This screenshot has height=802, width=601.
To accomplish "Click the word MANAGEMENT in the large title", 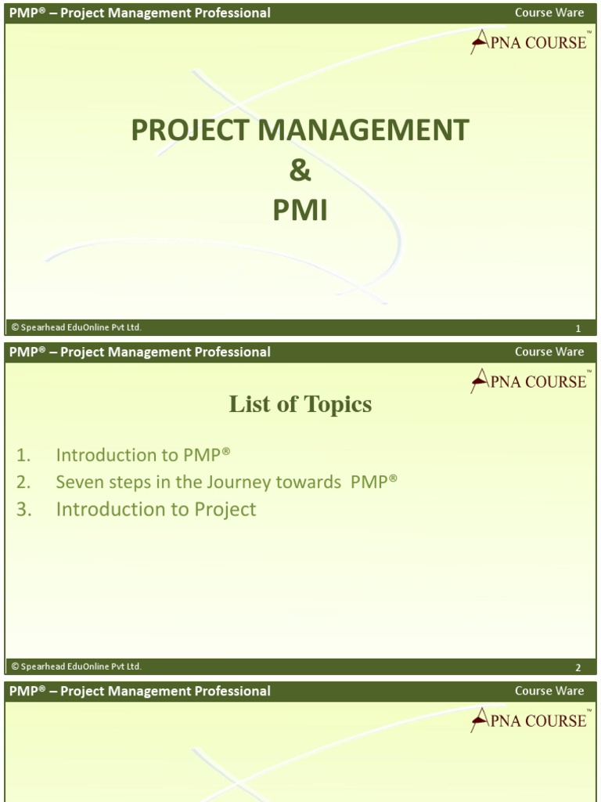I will pyautogui.click(x=364, y=130).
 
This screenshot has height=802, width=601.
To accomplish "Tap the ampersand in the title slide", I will pyautogui.click(x=300, y=171).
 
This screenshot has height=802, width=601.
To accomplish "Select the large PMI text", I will pyautogui.click(x=300, y=211).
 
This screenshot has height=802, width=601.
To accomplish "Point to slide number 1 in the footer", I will pyautogui.click(x=578, y=328).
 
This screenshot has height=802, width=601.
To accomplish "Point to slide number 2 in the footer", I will pyautogui.click(x=578, y=668).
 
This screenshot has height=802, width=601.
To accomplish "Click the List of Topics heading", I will pyautogui.click(x=300, y=404).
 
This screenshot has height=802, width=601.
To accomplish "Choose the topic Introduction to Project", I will pyautogui.click(x=156, y=509).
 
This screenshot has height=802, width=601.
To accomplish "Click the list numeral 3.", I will pyautogui.click(x=23, y=509).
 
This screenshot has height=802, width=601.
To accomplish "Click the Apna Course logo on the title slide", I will pyautogui.click(x=529, y=42).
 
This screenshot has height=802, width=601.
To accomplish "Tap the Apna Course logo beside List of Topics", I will pyautogui.click(x=529, y=381).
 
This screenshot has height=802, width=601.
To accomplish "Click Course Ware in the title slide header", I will pyautogui.click(x=549, y=13).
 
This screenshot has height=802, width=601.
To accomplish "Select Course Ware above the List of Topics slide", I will pyautogui.click(x=549, y=352).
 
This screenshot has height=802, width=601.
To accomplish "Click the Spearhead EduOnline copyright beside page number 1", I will pyautogui.click(x=76, y=327).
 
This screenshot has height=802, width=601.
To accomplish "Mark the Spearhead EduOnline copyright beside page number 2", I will pyautogui.click(x=76, y=667).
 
